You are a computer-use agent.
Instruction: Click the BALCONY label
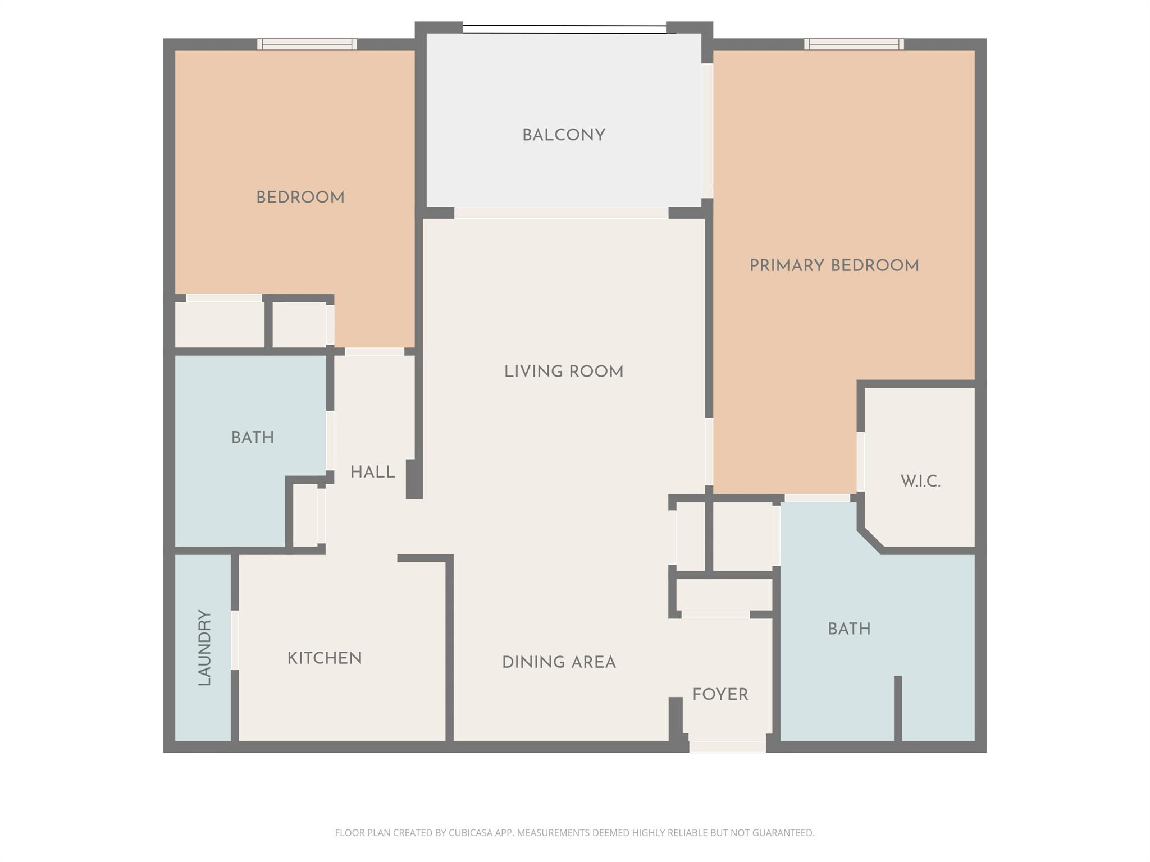pyautogui.click(x=563, y=135)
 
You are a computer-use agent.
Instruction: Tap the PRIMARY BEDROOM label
pyautogui.click(x=834, y=265)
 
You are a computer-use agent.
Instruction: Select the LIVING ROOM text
pyautogui.click(x=563, y=372)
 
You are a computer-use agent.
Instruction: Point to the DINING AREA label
pyautogui.click(x=559, y=662)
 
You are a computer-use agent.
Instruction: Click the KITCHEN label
pyautogui.click(x=325, y=658)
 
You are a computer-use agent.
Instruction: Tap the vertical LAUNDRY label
pyautogui.click(x=204, y=648)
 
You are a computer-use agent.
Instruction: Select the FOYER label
pyautogui.click(x=720, y=695)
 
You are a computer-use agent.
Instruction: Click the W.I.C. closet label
pyautogui.click(x=920, y=481)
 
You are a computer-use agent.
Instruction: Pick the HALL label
pyautogui.click(x=372, y=473)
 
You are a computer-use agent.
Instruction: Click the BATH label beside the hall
pyautogui.click(x=253, y=438)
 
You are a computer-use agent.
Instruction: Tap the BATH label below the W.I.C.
pyautogui.click(x=849, y=629)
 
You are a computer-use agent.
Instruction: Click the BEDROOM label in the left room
pyautogui.click(x=300, y=198)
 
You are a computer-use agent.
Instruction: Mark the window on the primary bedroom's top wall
pyautogui.click(x=854, y=44)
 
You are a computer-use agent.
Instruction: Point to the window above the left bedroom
pyautogui.click(x=307, y=44)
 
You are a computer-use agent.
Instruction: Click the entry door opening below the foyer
pyautogui.click(x=727, y=746)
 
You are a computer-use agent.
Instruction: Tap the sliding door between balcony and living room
pyautogui.click(x=561, y=213)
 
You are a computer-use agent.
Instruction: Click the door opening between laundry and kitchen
pyautogui.click(x=235, y=640)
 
